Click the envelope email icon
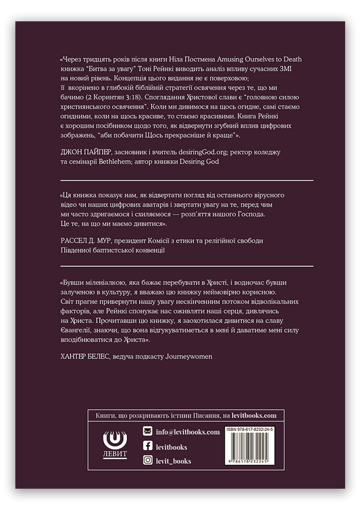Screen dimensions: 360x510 click(x=147, y=432)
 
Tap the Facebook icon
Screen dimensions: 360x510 click(x=147, y=447)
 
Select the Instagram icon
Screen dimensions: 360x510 click(x=147, y=461)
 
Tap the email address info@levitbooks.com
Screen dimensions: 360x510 click(x=188, y=432)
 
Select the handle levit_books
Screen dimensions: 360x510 click(x=176, y=461)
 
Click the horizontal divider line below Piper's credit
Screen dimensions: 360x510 click(x=186, y=181)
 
